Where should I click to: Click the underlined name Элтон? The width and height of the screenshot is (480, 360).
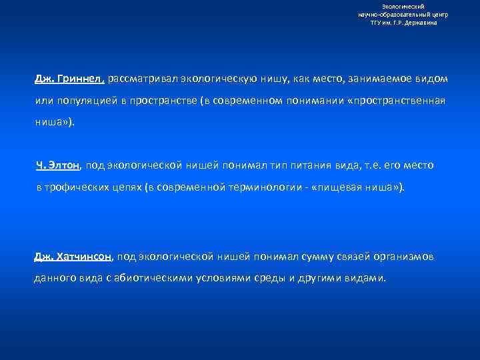point(67,165)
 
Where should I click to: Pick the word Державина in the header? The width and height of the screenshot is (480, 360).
point(423,22)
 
